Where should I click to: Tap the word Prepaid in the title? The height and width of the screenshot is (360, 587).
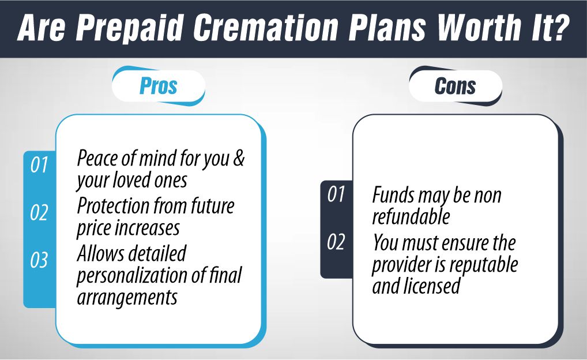click(x=138, y=28)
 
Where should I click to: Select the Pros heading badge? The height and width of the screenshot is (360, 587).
click(x=158, y=87)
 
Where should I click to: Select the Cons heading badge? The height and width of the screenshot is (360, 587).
click(x=455, y=87)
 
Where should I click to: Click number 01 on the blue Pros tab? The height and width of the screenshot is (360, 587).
click(x=39, y=165)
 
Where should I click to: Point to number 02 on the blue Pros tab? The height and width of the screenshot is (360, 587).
click(x=39, y=213)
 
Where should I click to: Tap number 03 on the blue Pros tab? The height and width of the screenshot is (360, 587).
click(x=39, y=261)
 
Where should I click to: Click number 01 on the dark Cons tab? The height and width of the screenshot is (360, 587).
click(x=336, y=194)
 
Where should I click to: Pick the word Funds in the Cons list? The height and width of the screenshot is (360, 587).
click(x=392, y=196)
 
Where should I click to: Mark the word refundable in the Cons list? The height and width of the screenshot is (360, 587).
click(x=411, y=217)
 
